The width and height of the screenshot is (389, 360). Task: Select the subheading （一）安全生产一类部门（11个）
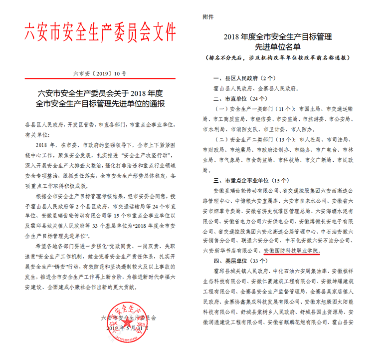253,108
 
